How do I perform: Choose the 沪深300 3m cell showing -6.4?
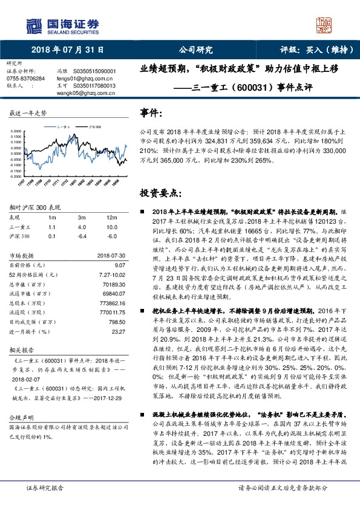point(81,236)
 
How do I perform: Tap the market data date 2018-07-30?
point(111,255)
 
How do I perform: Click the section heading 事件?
point(151,113)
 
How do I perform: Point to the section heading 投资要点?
point(160,193)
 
